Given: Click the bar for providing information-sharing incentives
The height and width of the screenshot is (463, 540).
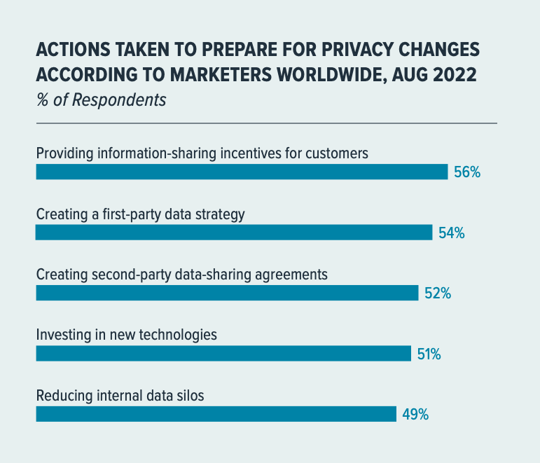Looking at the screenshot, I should (x=242, y=172).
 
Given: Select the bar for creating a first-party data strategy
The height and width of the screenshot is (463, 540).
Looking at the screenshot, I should (x=234, y=233).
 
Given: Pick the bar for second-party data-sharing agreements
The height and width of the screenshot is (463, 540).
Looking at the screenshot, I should (x=227, y=293).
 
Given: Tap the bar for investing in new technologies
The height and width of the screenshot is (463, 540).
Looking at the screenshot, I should (x=223, y=354).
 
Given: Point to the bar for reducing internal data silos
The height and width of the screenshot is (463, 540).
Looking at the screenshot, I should (x=216, y=414).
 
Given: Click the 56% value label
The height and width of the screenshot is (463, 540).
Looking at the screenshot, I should (x=466, y=172).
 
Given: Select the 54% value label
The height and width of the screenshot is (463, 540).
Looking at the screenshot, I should (x=451, y=233).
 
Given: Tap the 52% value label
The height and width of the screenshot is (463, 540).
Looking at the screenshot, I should (x=437, y=293).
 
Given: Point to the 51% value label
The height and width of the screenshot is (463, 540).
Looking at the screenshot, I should (x=429, y=354).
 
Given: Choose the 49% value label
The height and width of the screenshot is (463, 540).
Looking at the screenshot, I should (x=415, y=415).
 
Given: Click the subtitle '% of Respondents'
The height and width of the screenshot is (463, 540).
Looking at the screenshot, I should (x=101, y=99).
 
